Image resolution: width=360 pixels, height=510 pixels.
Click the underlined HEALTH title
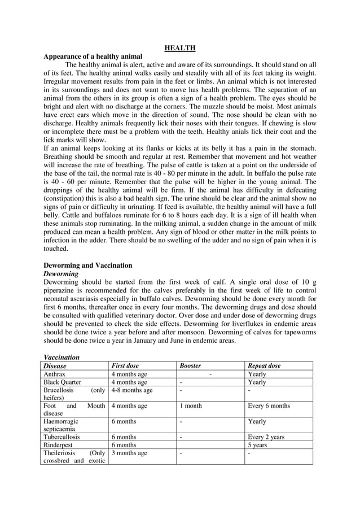pyautogui.click(x=180, y=49)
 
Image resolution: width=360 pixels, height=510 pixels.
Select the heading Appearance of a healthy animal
pyautogui.click(x=93, y=57)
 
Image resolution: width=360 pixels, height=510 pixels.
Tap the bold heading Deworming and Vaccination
pyautogui.click(x=88, y=265)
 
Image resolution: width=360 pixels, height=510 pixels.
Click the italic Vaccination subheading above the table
pyautogui.click(x=62, y=358)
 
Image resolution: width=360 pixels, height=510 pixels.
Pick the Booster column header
pyautogui.click(x=190, y=366)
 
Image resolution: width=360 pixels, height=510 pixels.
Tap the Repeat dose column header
pyautogui.click(x=264, y=366)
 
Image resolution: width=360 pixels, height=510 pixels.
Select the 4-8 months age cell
pyautogui.click(x=132, y=390)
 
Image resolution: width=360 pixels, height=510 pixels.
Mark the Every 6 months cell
pyautogui.click(x=269, y=406)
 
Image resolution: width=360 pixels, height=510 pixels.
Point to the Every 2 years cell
pyautogui.click(x=266, y=437)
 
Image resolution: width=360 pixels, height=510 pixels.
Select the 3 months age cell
pyautogui.click(x=129, y=453)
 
